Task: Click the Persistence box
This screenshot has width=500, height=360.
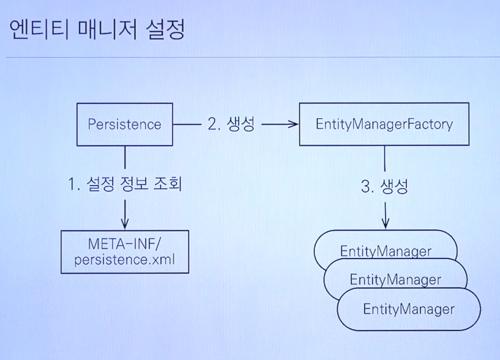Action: click(124, 124)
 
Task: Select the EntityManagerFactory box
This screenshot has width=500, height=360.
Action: click(384, 124)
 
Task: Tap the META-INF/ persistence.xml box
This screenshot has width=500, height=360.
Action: click(124, 252)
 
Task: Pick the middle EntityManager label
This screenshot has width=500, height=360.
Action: click(395, 280)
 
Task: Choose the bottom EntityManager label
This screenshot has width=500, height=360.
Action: click(408, 309)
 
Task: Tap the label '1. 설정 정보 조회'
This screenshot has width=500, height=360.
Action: click(125, 184)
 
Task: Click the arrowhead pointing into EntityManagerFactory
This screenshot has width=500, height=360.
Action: click(293, 124)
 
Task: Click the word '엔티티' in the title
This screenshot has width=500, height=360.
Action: click(37, 29)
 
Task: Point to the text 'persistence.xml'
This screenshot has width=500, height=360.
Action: click(124, 260)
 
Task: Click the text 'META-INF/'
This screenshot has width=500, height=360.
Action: click(124, 243)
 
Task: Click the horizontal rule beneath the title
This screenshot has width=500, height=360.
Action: click(250, 58)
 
